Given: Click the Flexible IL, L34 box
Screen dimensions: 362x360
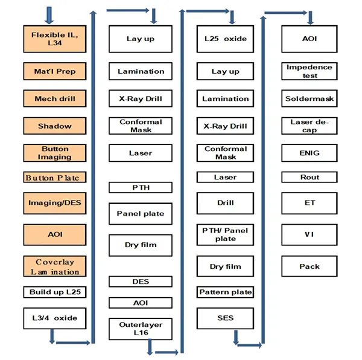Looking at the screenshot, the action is click(55, 39).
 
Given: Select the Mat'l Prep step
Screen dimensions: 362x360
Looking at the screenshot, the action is click(55, 71).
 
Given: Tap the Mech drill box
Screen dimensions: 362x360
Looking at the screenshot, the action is click(55, 98).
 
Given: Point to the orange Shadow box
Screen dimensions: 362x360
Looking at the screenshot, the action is click(55, 126).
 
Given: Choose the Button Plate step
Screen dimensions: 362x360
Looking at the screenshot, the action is click(55, 177).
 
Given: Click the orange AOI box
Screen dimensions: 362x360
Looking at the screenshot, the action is click(55, 234).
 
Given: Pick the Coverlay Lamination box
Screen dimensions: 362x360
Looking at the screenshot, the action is click(55, 266).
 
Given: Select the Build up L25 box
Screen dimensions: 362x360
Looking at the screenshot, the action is click(55, 292).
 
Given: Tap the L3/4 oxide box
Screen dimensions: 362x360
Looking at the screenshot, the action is click(55, 318).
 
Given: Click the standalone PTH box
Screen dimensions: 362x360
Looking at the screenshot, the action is click(141, 187).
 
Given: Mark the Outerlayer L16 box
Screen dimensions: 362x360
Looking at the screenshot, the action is click(141, 329).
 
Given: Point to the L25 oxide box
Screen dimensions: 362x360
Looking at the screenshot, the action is click(225, 39).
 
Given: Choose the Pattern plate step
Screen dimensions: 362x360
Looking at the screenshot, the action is click(225, 292).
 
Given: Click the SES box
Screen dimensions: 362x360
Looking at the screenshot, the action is click(225, 318).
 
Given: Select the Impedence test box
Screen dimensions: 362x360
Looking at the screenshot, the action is click(310, 71).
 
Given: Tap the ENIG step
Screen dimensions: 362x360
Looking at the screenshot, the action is click(310, 153).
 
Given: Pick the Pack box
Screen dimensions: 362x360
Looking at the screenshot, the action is click(310, 266).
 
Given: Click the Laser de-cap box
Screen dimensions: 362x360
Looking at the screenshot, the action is click(310, 126).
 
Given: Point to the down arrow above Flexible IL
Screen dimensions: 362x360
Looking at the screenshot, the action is click(49, 15).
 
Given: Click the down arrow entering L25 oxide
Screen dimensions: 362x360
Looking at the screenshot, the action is click(232, 17).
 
